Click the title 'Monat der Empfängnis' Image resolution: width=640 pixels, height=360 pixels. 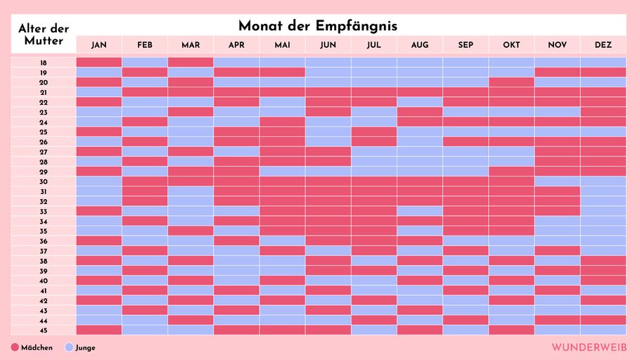point(317,26)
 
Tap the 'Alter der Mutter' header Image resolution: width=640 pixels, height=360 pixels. point(44,34)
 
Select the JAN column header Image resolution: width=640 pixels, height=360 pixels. point(99,45)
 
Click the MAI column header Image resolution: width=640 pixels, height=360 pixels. point(282,45)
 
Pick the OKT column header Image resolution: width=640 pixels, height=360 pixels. point(511,45)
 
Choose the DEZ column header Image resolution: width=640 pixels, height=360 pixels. point(603,45)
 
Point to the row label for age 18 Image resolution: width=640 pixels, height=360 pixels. point(44,63)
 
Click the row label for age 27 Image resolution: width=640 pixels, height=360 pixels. point(44,152)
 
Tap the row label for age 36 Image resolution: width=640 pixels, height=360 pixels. point(44,241)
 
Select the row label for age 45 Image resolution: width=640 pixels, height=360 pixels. point(44,330)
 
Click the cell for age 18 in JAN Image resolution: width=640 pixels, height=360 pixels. point(99,63)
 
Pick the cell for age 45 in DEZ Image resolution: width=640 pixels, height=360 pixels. point(603,330)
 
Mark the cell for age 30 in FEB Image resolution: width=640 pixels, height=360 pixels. point(145,181)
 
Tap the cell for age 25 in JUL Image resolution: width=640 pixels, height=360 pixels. point(373,132)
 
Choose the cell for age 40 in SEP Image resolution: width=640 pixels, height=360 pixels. point(466,281)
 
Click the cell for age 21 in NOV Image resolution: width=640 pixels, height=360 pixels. point(557,92)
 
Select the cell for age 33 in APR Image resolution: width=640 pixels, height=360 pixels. point(236,212)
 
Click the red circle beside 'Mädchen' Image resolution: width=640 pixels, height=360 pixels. point(15,347)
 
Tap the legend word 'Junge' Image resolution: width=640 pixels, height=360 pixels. point(85,348)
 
